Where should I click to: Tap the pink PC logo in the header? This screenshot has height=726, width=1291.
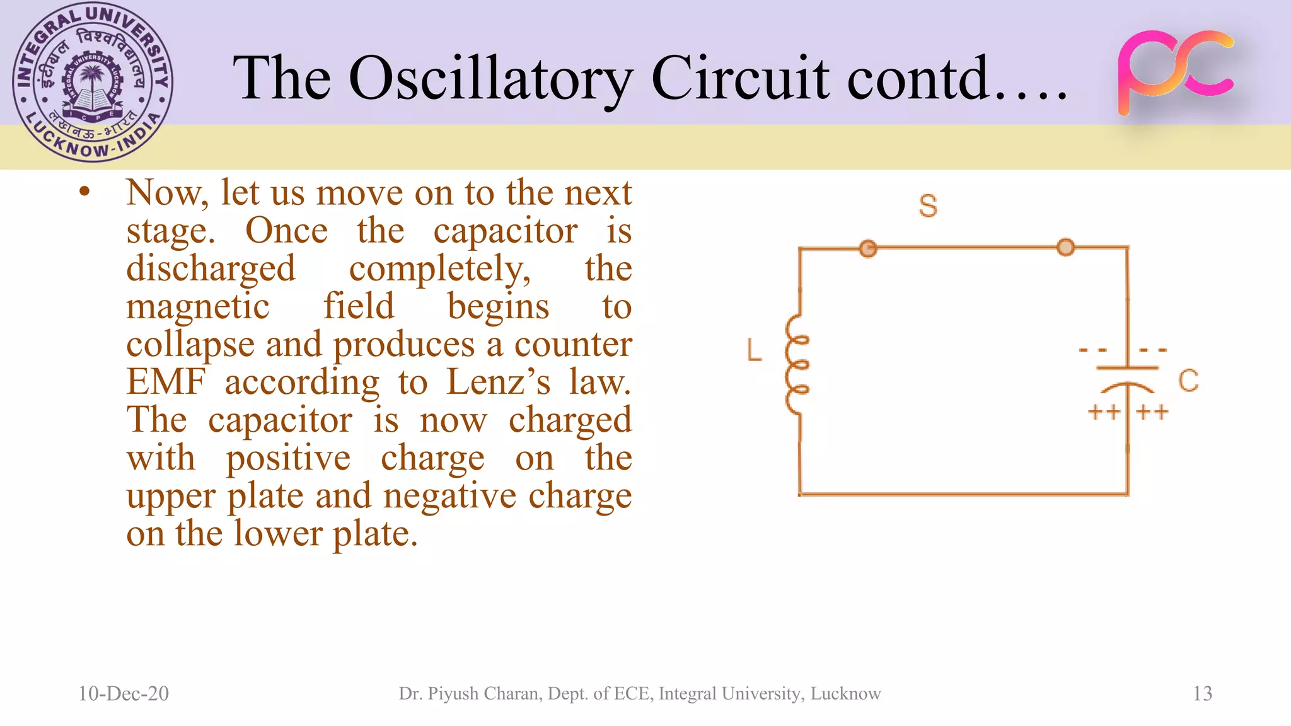(x=1175, y=72)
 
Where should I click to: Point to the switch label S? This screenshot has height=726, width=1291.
(x=927, y=206)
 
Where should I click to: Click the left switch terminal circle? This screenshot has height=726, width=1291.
(x=868, y=248)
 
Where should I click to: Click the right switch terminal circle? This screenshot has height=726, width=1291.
(x=1065, y=247)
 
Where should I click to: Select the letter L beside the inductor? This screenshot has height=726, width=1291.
(x=754, y=350)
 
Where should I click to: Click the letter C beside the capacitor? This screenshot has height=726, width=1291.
(x=1188, y=381)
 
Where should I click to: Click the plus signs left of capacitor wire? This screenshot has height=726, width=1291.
(x=1104, y=412)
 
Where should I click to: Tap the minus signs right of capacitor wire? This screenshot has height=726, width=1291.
(x=1153, y=350)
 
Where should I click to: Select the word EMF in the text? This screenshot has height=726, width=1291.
(x=166, y=382)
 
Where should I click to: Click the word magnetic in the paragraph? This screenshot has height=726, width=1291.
(x=197, y=306)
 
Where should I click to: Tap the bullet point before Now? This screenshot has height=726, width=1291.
(x=84, y=192)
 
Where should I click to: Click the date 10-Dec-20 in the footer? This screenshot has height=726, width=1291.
(x=124, y=693)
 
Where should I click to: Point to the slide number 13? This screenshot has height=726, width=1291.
(x=1202, y=693)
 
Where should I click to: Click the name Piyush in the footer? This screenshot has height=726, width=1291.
(x=451, y=693)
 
